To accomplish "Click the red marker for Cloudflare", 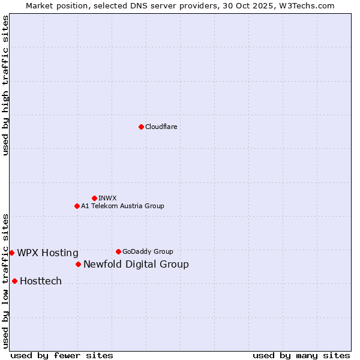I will coord(141,127).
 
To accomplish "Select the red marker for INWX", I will coord(94,198).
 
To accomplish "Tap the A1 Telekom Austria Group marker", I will coord(77,206).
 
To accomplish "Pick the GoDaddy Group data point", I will coord(118,251).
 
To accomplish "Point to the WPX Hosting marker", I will coord(11,253).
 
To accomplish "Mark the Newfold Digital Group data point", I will coord(78,264).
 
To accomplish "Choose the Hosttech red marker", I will coord(14,281).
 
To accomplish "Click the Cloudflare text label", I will coord(161,127).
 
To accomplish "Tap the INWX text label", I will coord(107,198).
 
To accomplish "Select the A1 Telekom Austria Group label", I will coord(122,206).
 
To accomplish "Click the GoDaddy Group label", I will coord(148,251).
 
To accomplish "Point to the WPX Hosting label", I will coord(47,253).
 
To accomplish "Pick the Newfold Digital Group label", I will coord(136,264).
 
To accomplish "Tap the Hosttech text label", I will coord(41,281).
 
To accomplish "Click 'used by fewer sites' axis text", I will coord(62,355).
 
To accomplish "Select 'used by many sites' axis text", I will coord(301,355).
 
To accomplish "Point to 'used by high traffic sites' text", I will coord(5,85).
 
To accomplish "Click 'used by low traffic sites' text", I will coord(5,281).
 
